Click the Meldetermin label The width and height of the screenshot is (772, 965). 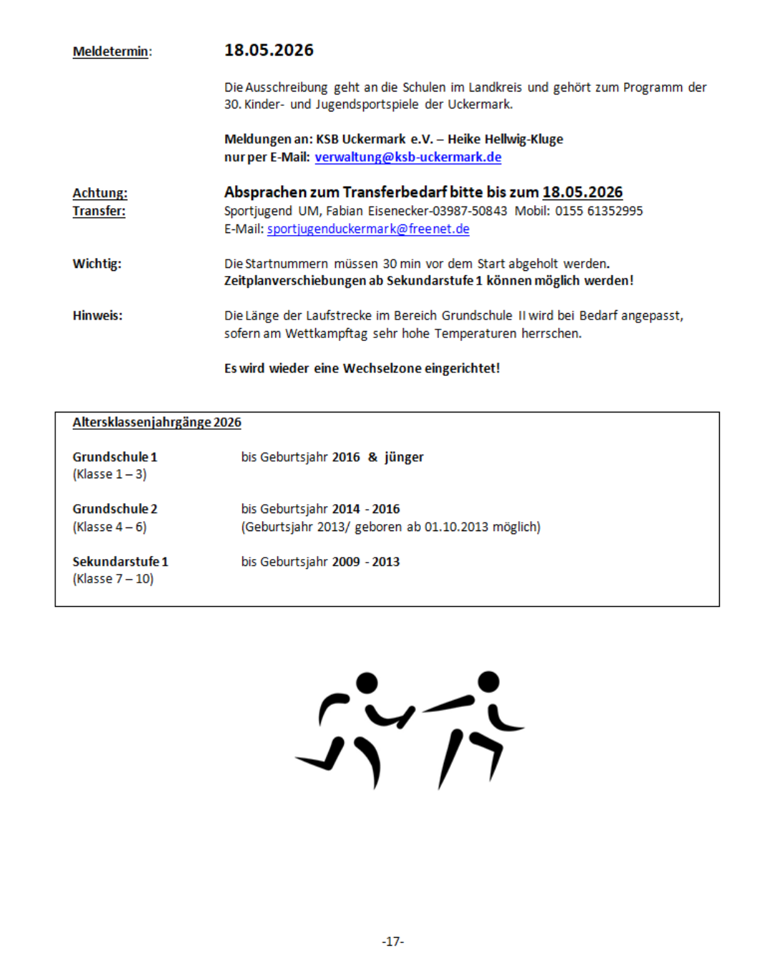[x=112, y=51]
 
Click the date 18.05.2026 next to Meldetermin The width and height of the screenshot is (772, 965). [x=269, y=50]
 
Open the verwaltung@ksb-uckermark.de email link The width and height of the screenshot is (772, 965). [x=407, y=157]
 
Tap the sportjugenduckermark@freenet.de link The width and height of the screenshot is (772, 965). [x=368, y=229]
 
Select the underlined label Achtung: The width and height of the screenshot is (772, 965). [x=99, y=193]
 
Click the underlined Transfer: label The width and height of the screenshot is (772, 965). [x=99, y=211]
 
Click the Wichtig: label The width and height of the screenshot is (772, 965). [x=96, y=264]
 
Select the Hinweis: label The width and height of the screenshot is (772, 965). [x=97, y=315]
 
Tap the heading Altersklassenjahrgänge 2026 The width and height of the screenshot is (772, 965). [x=157, y=422]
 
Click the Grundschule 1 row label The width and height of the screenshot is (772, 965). [x=114, y=457]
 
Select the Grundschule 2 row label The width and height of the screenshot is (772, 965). [x=114, y=509]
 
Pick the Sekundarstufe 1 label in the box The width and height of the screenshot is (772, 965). [x=120, y=562]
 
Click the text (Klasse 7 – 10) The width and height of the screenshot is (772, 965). [x=113, y=579]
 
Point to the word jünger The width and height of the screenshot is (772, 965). [x=404, y=457]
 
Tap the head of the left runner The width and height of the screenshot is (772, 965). [x=367, y=683]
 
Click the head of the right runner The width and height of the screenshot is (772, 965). [x=489, y=681]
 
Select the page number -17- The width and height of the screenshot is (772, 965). [x=392, y=941]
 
